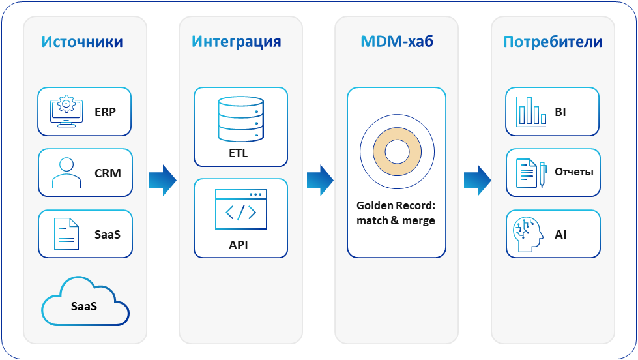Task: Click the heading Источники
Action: pos(82,42)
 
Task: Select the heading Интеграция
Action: pos(236,42)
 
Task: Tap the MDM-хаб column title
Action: pos(396,42)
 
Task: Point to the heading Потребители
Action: pos(552,42)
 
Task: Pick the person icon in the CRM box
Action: pos(65,173)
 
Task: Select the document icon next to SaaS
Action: pos(66,233)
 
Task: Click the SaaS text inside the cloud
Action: pos(84,305)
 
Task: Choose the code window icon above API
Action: pos(240,209)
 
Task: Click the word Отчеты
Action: pos(573,173)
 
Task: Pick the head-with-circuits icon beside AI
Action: pos(529,233)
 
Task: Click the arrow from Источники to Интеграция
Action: pos(162,180)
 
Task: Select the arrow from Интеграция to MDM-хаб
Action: pos(320,180)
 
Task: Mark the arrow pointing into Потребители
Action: pos(478,180)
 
